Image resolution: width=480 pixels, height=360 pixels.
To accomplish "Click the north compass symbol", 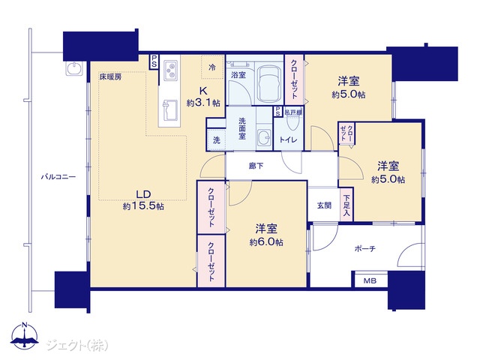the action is click(x=24, y=336).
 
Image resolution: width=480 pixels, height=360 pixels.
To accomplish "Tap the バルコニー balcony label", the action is click(x=58, y=177).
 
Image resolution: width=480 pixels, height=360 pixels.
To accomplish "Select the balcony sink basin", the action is click(x=73, y=68).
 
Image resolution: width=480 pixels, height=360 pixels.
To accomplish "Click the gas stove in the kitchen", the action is click(x=170, y=70).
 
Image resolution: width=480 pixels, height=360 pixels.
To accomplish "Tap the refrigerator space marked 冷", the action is click(x=212, y=67).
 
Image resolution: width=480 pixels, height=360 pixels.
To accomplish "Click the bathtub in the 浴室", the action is click(x=269, y=84).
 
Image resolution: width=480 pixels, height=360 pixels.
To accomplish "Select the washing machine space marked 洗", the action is click(x=216, y=140).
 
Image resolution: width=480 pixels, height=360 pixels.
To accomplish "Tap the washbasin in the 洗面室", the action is click(x=264, y=136).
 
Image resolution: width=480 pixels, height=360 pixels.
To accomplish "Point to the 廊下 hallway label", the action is click(x=256, y=166).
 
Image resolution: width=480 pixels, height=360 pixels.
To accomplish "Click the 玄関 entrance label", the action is click(x=324, y=205).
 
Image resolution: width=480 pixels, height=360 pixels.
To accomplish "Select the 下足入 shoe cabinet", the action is click(x=346, y=205).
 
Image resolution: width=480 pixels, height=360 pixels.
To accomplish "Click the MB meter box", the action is click(x=370, y=280).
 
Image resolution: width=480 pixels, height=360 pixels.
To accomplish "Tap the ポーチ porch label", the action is click(x=365, y=248).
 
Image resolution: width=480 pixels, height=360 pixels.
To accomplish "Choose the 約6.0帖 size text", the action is click(x=266, y=242).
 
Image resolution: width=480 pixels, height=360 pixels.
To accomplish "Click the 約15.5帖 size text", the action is click(x=143, y=206).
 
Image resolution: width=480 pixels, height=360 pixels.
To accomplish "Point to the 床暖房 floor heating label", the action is click(x=110, y=76).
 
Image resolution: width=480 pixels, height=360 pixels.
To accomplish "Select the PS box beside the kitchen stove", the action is click(x=154, y=61).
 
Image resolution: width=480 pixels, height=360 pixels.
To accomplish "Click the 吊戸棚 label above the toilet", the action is click(x=293, y=112).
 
